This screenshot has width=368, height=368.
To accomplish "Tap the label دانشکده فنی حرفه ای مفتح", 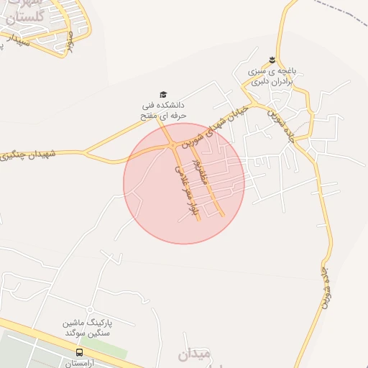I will (x=165, y=109).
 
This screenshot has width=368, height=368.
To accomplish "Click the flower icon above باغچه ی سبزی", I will (x=272, y=59).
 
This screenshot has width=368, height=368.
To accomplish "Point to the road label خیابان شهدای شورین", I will (x=226, y=121).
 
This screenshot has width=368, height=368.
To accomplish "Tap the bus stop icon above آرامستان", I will (x=79, y=352).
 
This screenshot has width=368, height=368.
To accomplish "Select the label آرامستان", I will (x=79, y=364).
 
